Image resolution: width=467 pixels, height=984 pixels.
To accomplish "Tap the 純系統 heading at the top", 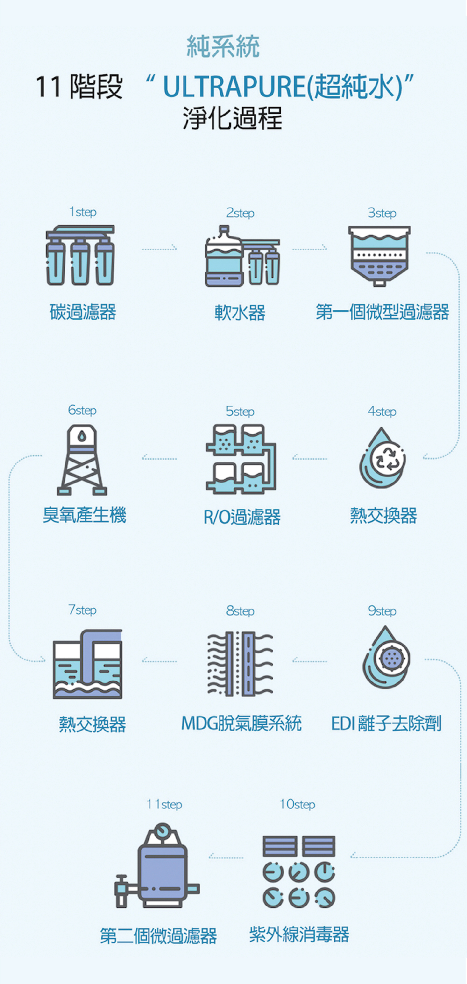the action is pyautogui.click(x=223, y=46).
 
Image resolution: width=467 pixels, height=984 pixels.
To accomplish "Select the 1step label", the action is pyautogui.click(x=83, y=212).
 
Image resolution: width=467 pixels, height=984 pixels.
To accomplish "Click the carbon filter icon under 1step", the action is pyautogui.click(x=80, y=255).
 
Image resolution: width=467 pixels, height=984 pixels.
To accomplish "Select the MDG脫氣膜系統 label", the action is pyautogui.click(x=242, y=723).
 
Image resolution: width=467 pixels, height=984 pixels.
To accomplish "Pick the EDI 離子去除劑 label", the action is pyautogui.click(x=386, y=723).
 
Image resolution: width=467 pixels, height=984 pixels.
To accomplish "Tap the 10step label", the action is pyautogui.click(x=297, y=804).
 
